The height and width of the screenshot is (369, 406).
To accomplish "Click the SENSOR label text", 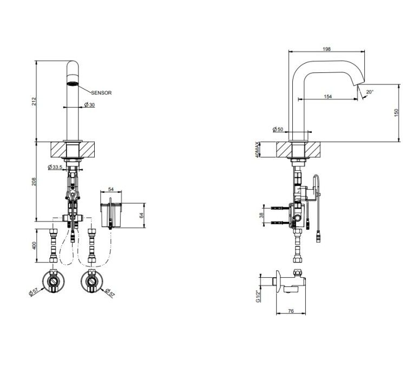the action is tap(101, 93).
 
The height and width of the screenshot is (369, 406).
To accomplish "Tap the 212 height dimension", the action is tap(34, 101).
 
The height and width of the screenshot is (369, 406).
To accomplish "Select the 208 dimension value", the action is tap(34, 182).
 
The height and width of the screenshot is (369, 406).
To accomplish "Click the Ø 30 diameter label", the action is tap(89, 105).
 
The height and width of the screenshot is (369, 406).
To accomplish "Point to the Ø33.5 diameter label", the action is tap(55, 167).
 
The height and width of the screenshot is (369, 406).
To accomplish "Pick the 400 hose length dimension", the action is tap(34, 246).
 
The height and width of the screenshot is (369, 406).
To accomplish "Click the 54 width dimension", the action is tap(111, 189).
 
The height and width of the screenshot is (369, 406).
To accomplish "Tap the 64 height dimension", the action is tap(141, 215).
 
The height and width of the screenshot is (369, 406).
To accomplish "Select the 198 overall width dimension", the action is tap(327, 49).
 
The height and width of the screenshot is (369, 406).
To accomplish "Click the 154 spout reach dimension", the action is tap(328, 97).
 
